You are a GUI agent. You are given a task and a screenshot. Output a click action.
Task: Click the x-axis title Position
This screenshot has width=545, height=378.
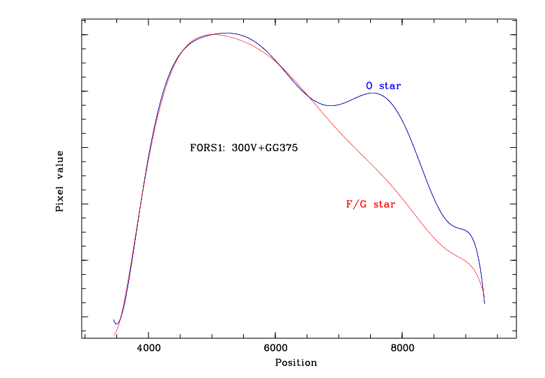point(295,363)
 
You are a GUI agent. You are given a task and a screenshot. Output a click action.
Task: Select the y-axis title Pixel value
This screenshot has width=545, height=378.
point(61,181)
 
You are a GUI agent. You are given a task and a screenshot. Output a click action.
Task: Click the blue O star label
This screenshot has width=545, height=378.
point(383,86)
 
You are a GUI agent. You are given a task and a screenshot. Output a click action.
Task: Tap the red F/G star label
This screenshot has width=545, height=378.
point(370,204)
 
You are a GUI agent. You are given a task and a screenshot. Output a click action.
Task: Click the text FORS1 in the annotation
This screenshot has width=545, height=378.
point(205,148)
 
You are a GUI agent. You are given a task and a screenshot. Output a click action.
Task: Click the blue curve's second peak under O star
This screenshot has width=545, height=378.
point(373,93)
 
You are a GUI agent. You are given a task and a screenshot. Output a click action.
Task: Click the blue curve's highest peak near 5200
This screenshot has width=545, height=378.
point(227,33)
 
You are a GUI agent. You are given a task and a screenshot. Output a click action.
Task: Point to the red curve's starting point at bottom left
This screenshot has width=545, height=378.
point(114,335)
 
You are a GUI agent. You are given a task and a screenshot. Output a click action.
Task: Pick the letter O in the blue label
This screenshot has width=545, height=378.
point(369,86)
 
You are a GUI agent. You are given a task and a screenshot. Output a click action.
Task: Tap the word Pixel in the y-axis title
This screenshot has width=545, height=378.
point(61,199)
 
